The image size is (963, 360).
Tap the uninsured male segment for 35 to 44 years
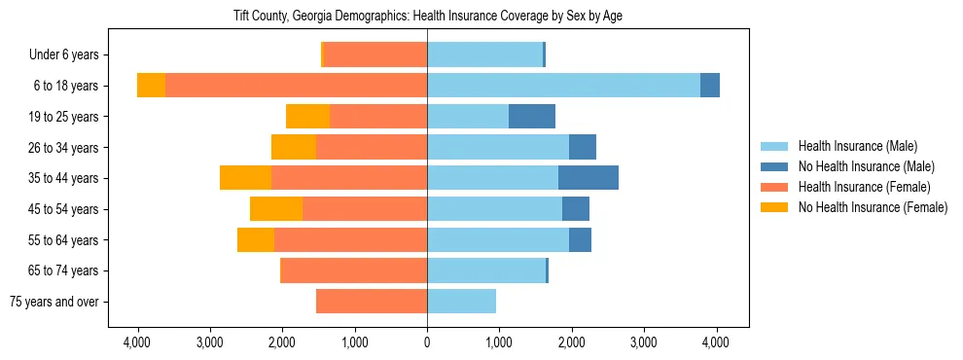[588, 178]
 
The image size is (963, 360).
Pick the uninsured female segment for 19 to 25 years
[307, 117]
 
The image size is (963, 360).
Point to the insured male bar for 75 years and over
[461, 302]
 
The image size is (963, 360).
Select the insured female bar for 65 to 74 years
[353, 270]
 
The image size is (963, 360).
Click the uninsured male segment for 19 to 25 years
[532, 117]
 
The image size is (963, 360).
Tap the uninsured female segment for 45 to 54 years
[276, 209]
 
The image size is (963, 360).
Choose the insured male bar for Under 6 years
[484, 55]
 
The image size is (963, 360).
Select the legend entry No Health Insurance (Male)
[866, 166]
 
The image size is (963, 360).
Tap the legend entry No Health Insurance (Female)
[872, 207]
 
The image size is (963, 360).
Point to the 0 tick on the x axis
[427, 342]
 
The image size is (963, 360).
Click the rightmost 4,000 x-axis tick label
[717, 342]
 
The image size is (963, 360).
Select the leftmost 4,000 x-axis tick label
[137, 342]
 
